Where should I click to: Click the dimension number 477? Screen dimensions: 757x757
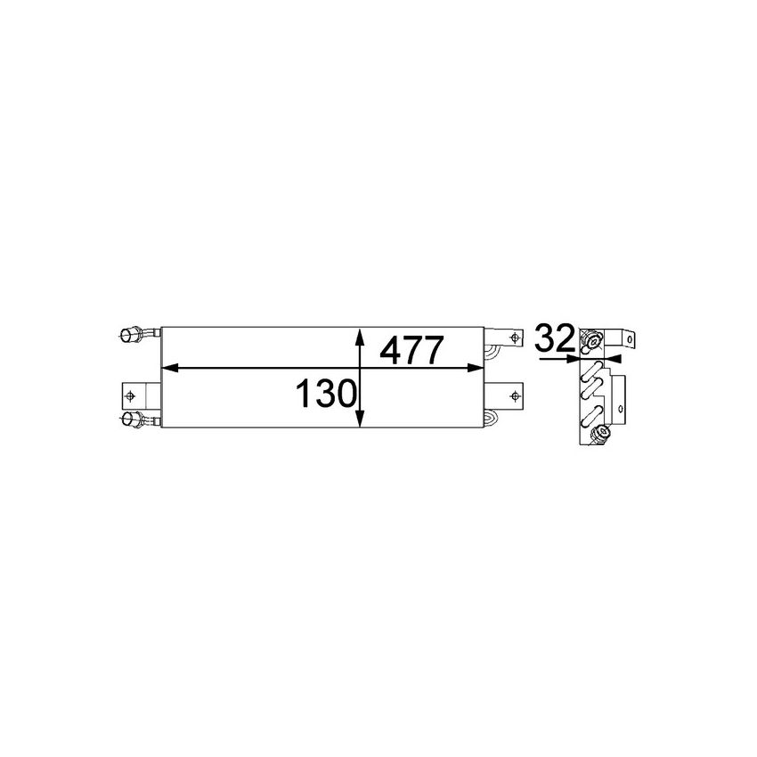point(411,349)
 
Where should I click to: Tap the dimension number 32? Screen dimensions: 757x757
point(553,339)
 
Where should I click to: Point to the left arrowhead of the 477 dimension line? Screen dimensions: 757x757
point(167,366)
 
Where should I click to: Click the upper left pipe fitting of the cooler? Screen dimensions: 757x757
point(133,335)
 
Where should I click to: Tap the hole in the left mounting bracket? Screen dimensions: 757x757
point(131,395)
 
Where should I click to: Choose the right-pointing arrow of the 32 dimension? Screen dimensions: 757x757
point(574,359)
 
